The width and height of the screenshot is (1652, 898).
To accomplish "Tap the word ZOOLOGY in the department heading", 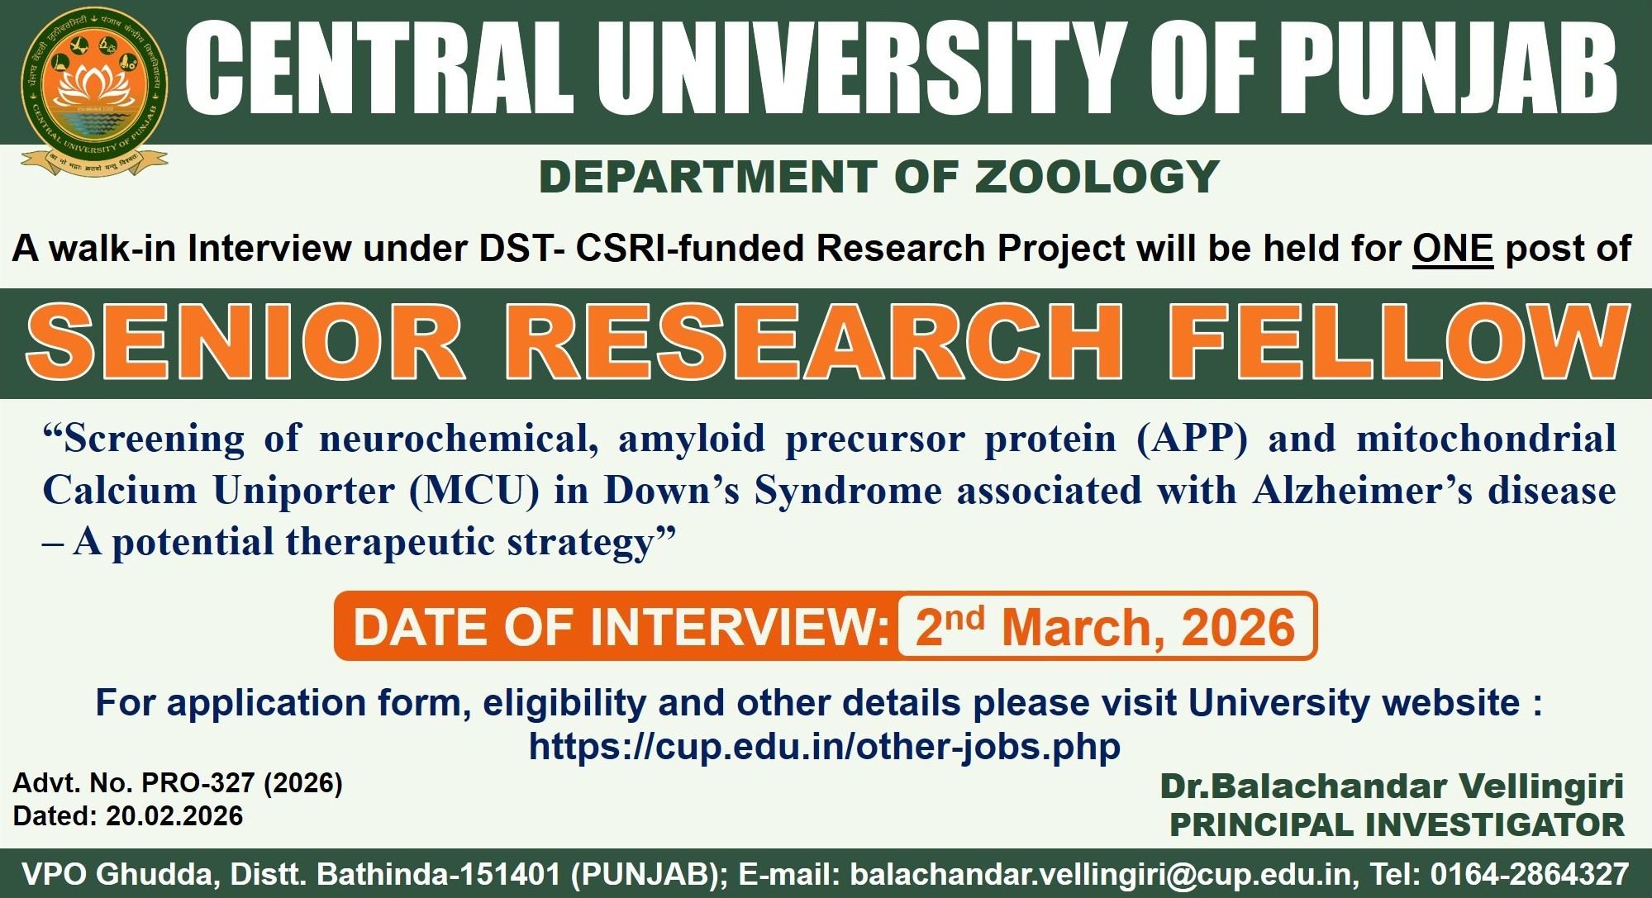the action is [1097, 177].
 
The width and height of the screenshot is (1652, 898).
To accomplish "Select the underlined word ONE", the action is [1453, 249].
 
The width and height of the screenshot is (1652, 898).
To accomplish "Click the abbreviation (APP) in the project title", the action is [1192, 439].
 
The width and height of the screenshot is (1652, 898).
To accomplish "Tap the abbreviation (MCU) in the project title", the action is [474, 491].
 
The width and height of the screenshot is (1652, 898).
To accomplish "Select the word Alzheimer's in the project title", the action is [1363, 491].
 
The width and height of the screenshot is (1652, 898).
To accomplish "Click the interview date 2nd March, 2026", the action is [1105, 626].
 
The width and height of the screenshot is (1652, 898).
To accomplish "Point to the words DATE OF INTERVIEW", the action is [621, 626].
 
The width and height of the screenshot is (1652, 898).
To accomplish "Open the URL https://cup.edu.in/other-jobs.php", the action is [825, 747].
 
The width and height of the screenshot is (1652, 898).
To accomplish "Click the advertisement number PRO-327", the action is [198, 782].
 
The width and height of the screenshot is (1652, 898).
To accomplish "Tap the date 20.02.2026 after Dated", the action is [174, 816].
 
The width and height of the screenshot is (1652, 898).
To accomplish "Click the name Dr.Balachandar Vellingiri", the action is [1392, 786].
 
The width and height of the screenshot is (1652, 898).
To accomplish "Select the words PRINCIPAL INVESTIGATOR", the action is [1397, 824].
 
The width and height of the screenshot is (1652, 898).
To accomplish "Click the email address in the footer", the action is [1102, 874].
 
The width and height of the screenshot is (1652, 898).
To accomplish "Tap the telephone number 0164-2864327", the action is [1530, 873].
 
